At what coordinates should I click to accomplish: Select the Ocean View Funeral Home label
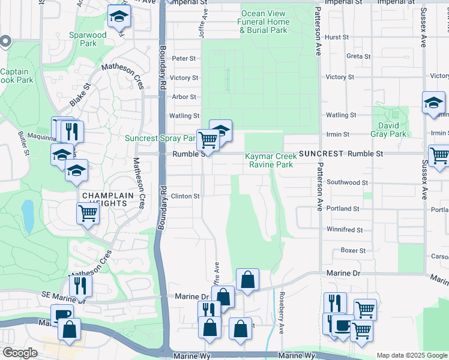tap(264, 22)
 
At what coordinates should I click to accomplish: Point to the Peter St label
tap(184, 59)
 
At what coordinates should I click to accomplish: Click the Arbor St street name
tap(184, 97)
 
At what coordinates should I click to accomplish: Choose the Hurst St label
tap(337, 37)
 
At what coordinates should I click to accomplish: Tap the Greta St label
tap(358, 56)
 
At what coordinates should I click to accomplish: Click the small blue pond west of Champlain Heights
tap(27, 217)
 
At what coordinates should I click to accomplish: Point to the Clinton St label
tap(185, 196)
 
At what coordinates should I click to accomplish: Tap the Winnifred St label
tap(345, 230)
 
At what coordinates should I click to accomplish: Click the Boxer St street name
tap(349, 250)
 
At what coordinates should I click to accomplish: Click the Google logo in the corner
tap(20, 353)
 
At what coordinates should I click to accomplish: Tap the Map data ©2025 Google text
tap(411, 355)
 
